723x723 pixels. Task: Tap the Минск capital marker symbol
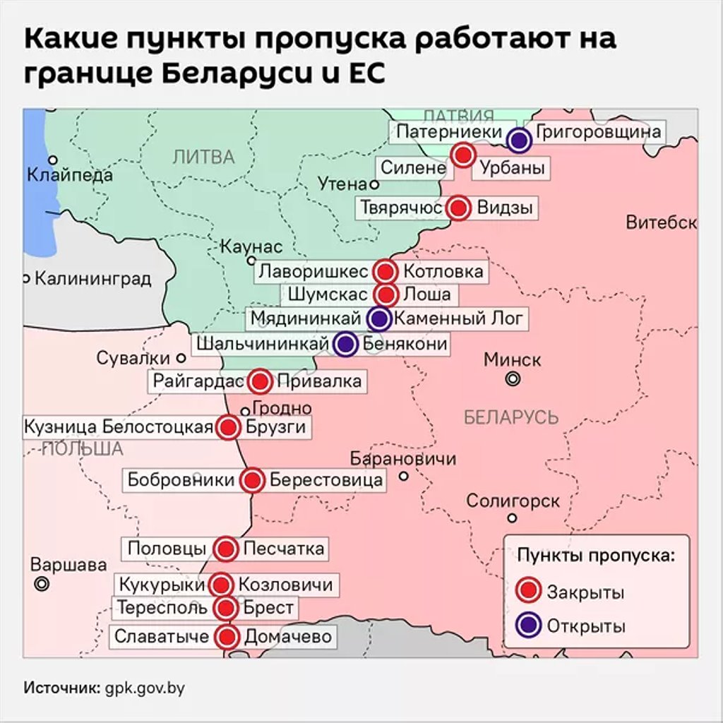pyautogui.click(x=513, y=379)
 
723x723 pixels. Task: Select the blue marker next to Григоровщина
pyautogui.click(x=520, y=141)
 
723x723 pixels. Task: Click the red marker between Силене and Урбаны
pyautogui.click(x=463, y=155)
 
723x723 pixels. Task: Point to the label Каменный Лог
pyautogui.click(x=459, y=318)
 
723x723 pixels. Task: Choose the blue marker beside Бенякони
pyautogui.click(x=345, y=344)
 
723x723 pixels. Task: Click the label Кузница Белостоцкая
pyautogui.click(x=119, y=427)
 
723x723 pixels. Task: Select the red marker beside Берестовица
pyautogui.click(x=251, y=481)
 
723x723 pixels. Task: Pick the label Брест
pyautogui.click(x=268, y=607)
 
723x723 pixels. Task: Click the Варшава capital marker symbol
pyautogui.click(x=42, y=584)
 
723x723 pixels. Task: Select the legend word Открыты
pyautogui.click(x=586, y=626)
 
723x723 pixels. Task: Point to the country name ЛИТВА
pyautogui.click(x=203, y=157)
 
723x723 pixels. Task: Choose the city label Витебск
pyautogui.click(x=661, y=223)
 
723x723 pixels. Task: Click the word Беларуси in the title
pyautogui.click(x=262, y=74)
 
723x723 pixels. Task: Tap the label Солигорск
pyautogui.click(x=513, y=501)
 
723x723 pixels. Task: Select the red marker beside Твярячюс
pyautogui.click(x=459, y=208)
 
